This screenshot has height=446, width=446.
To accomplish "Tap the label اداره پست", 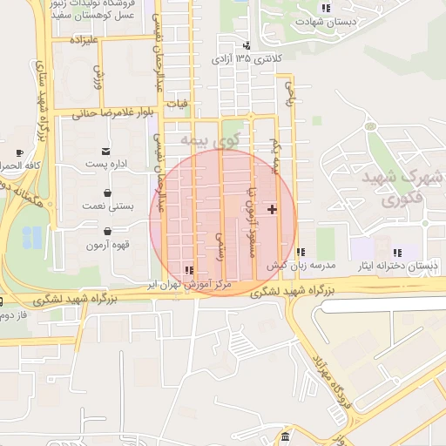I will pyautogui.click(x=106, y=164).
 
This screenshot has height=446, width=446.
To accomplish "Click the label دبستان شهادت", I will pyautogui.click(x=324, y=23).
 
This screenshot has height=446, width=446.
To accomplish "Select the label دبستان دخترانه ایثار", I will pyautogui.click(x=397, y=264).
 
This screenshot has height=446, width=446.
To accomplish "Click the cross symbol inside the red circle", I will pyautogui.click(x=273, y=209).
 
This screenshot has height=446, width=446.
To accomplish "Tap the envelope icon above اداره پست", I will pyautogui.click(x=106, y=151).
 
